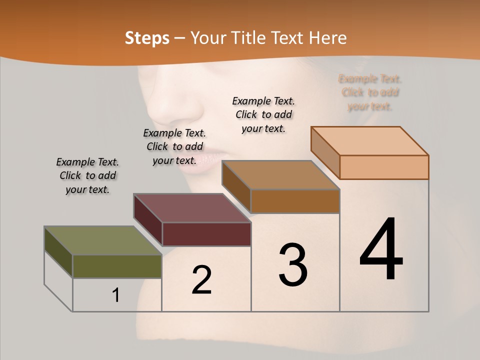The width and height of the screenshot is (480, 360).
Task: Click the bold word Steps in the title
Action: tap(147, 38)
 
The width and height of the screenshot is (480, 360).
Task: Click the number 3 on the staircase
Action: tap(293, 264)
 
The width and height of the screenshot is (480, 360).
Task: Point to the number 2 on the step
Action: tap(201, 279)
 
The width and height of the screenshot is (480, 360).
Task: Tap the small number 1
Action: tap(116, 295)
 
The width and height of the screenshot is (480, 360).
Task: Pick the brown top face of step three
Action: tap(280, 175)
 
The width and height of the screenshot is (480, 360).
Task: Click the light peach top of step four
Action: tap(369, 141)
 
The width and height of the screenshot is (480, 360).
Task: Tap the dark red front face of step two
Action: tap(206, 234)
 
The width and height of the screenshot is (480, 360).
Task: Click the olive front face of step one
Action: tap(117, 266)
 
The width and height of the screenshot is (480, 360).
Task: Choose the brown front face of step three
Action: tap(295, 201)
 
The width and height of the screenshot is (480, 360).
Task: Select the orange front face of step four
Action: tap(384, 167)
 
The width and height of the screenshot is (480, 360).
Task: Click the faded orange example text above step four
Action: tap(370, 92)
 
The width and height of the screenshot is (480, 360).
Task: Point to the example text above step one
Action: tap(87, 175)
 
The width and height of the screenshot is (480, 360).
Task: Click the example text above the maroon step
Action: tap(174, 146)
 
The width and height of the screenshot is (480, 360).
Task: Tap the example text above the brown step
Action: tap(263, 114)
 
